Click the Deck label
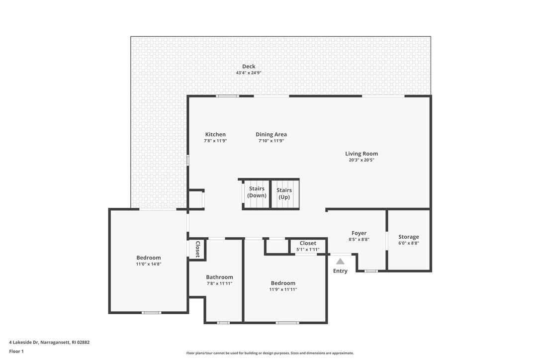point(249,67)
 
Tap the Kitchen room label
point(215,134)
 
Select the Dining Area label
point(271,134)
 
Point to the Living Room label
point(361,154)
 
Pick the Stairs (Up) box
point(284,194)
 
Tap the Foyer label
point(359,233)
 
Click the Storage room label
point(409,237)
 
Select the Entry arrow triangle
point(340,261)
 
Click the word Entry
point(340,271)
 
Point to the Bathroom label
point(219,277)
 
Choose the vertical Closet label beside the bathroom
point(197,249)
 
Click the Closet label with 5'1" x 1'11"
point(308,243)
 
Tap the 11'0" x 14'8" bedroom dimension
point(149,264)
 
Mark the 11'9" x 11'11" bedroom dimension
point(283,289)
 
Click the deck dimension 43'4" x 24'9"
point(249,73)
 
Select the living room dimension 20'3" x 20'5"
point(361,160)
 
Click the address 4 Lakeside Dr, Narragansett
point(49,342)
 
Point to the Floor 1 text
point(16,351)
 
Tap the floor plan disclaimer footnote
point(270,353)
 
